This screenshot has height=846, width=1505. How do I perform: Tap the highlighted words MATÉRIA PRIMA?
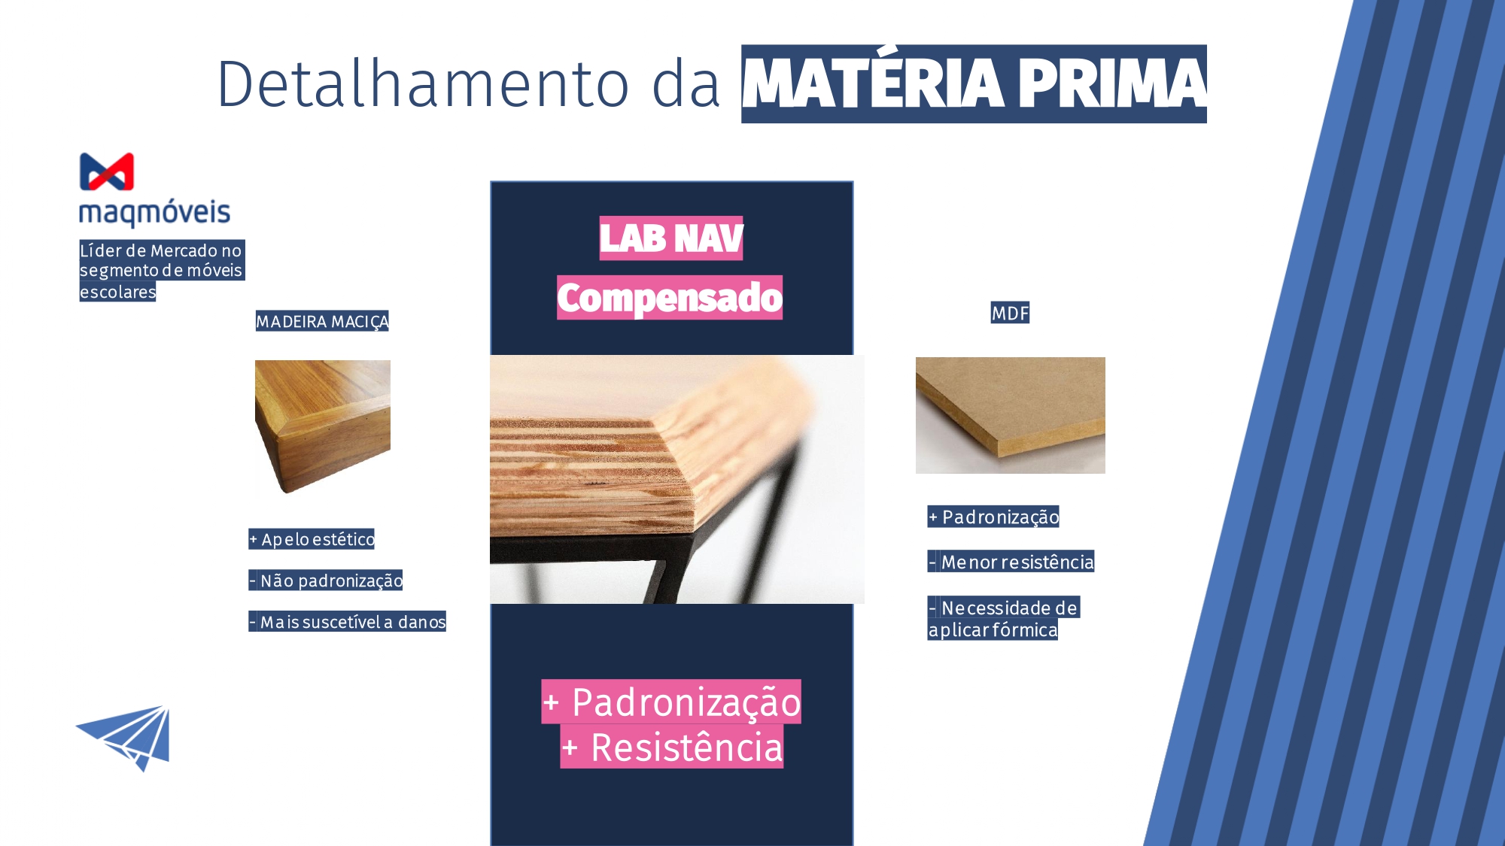coord(974,83)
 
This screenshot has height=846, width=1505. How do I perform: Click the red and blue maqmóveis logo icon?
coord(107,171)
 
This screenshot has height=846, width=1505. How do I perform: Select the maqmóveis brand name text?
coord(154,212)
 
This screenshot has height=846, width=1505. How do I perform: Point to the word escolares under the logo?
coord(117,292)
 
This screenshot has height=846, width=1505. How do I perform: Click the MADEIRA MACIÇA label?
coord(322,321)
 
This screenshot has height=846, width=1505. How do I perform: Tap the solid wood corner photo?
coord(323,427)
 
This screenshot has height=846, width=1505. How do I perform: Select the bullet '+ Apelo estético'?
coord(312,539)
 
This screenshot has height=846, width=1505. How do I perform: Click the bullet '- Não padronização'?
coord(326,581)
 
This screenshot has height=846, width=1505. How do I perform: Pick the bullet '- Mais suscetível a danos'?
coord(347,622)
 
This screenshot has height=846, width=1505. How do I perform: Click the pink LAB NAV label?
coord(671,238)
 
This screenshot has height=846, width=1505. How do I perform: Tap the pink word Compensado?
coord(670,298)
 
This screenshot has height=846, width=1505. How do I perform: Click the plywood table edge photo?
coord(677,479)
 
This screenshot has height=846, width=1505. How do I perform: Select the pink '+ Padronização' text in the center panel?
coord(671,702)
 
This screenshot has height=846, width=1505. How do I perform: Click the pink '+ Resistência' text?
coord(672,747)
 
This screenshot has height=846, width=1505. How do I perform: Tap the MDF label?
coord(1010,313)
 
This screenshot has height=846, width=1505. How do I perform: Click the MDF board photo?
coord(1011,415)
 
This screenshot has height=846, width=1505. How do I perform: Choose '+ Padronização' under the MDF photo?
coord(993,517)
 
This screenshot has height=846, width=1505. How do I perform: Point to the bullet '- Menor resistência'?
coord(1011,562)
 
